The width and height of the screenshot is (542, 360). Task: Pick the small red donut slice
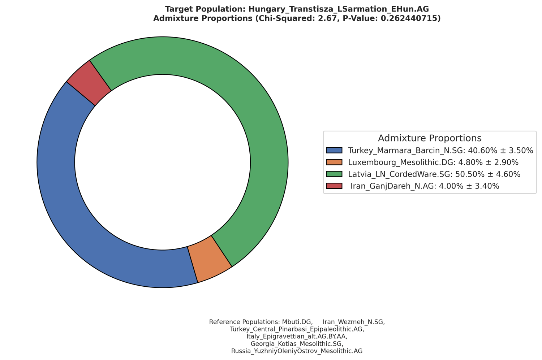(x=89, y=83)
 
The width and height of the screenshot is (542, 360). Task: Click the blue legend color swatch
(x=334, y=150)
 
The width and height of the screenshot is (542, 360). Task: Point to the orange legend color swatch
(x=334, y=162)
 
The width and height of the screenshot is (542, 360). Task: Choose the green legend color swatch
(x=334, y=174)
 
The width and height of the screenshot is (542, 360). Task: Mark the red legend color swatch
(x=334, y=186)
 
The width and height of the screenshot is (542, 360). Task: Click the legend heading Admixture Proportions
(x=429, y=138)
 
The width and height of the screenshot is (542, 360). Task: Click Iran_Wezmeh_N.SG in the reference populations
(x=353, y=322)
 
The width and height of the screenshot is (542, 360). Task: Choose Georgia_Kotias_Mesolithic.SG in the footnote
(x=297, y=343)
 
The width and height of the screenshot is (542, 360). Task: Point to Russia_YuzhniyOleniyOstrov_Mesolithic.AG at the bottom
(x=297, y=351)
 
